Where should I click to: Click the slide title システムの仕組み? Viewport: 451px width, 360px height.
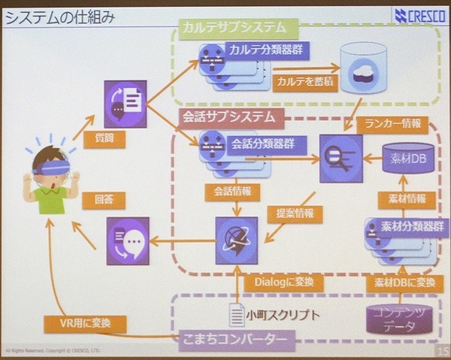(60, 17)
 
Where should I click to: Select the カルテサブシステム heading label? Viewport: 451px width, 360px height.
(235, 27)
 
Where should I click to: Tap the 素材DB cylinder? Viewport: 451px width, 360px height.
(408, 159)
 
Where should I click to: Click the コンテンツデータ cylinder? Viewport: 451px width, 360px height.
(400, 319)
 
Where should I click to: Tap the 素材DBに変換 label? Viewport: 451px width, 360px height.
(401, 282)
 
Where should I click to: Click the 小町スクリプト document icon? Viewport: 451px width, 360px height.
(238, 314)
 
